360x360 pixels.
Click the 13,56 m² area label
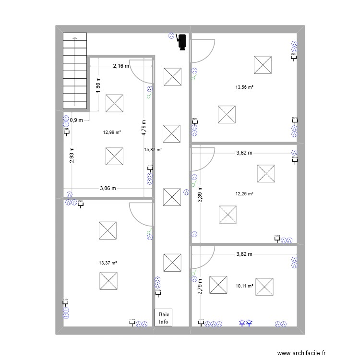[x=244, y=87]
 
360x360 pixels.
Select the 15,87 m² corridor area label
[x=153, y=150]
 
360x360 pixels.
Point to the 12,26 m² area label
[x=244, y=194]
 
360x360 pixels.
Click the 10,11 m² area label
[x=244, y=286]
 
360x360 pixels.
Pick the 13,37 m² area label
[x=108, y=263]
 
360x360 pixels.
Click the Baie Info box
[x=164, y=317]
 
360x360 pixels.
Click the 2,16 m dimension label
[x=121, y=66]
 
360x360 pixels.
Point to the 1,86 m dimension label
[x=98, y=87]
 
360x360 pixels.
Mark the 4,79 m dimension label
[x=144, y=129]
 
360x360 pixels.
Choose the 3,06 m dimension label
[x=108, y=188]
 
